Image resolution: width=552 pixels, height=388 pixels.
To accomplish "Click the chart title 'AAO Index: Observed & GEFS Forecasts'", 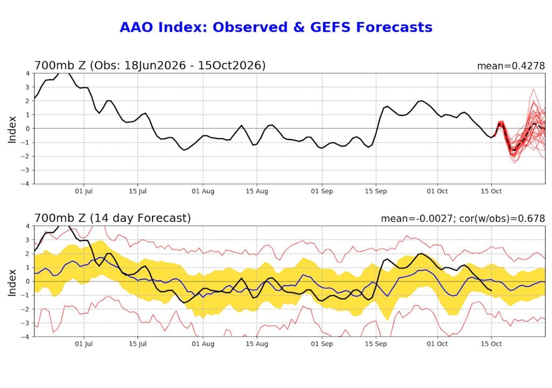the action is point(276,27).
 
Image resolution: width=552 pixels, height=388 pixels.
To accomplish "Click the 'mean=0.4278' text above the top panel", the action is point(511,66).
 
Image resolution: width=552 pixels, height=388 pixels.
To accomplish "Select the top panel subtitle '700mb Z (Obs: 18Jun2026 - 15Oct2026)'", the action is point(150,66).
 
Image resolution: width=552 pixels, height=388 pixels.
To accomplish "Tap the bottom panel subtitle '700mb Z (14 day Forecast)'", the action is point(112,218).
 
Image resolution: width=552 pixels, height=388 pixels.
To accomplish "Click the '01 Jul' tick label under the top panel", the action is point(84,191).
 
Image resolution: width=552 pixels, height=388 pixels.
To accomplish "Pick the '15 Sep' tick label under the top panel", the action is point(376,191).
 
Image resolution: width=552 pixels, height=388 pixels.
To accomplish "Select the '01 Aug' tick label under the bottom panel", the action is point(203,344).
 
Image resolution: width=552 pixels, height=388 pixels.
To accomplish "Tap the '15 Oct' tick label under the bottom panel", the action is point(491,344).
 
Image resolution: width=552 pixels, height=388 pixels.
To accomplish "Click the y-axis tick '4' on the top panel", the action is point(27,74).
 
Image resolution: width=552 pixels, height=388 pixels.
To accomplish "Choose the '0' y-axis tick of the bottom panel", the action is point(27,281).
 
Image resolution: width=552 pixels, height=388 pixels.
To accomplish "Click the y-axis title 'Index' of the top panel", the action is point(12,129).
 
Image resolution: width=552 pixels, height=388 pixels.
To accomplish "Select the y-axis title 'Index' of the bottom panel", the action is point(12,282).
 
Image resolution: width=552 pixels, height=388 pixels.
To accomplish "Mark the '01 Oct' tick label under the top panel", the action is point(437,191).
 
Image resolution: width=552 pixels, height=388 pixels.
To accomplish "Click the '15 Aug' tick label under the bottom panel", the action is point(257,344).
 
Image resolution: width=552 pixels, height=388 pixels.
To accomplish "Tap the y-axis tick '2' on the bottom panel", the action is point(27,254).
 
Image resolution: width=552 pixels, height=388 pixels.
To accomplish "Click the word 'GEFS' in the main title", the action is point(330,27).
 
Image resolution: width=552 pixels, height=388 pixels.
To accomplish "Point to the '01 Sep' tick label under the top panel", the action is point(322,191).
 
